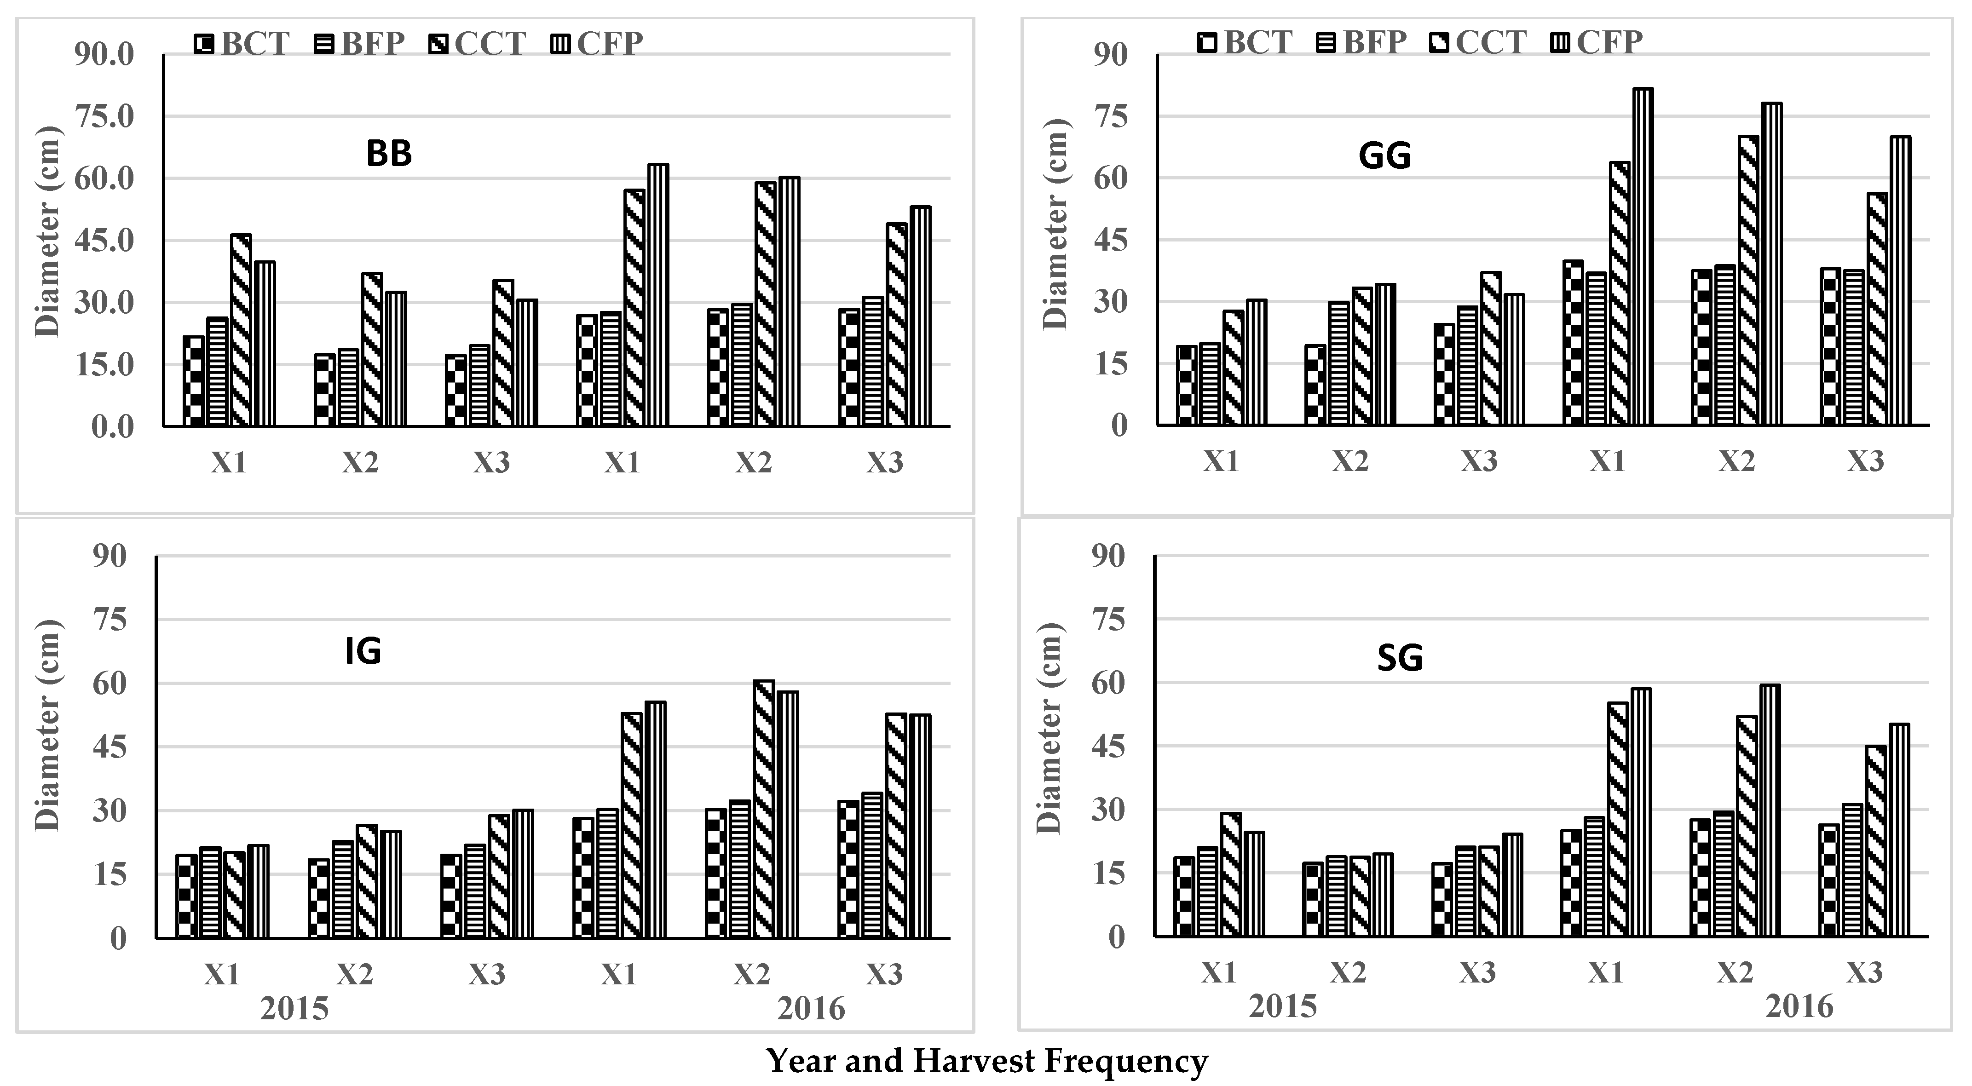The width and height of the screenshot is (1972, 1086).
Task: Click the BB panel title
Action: [x=389, y=154]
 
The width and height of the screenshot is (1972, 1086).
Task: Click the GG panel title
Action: [x=1384, y=156]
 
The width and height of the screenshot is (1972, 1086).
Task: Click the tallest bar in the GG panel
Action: [x=1642, y=256]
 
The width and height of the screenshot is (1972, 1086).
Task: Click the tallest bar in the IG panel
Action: [x=763, y=809]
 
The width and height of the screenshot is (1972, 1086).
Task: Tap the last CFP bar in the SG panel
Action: [x=1898, y=830]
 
